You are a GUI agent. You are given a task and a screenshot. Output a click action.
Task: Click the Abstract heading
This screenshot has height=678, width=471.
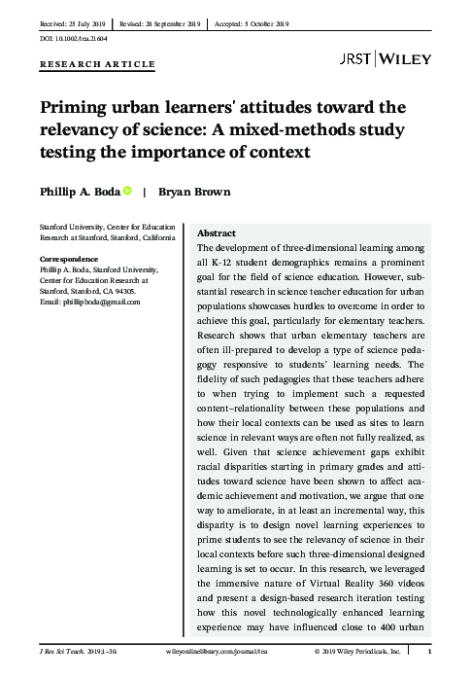click(x=217, y=234)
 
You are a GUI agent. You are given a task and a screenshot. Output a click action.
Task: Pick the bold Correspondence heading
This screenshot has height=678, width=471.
click(x=68, y=259)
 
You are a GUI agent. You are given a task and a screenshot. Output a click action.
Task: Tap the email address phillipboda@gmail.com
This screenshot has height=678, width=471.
click(x=100, y=302)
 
